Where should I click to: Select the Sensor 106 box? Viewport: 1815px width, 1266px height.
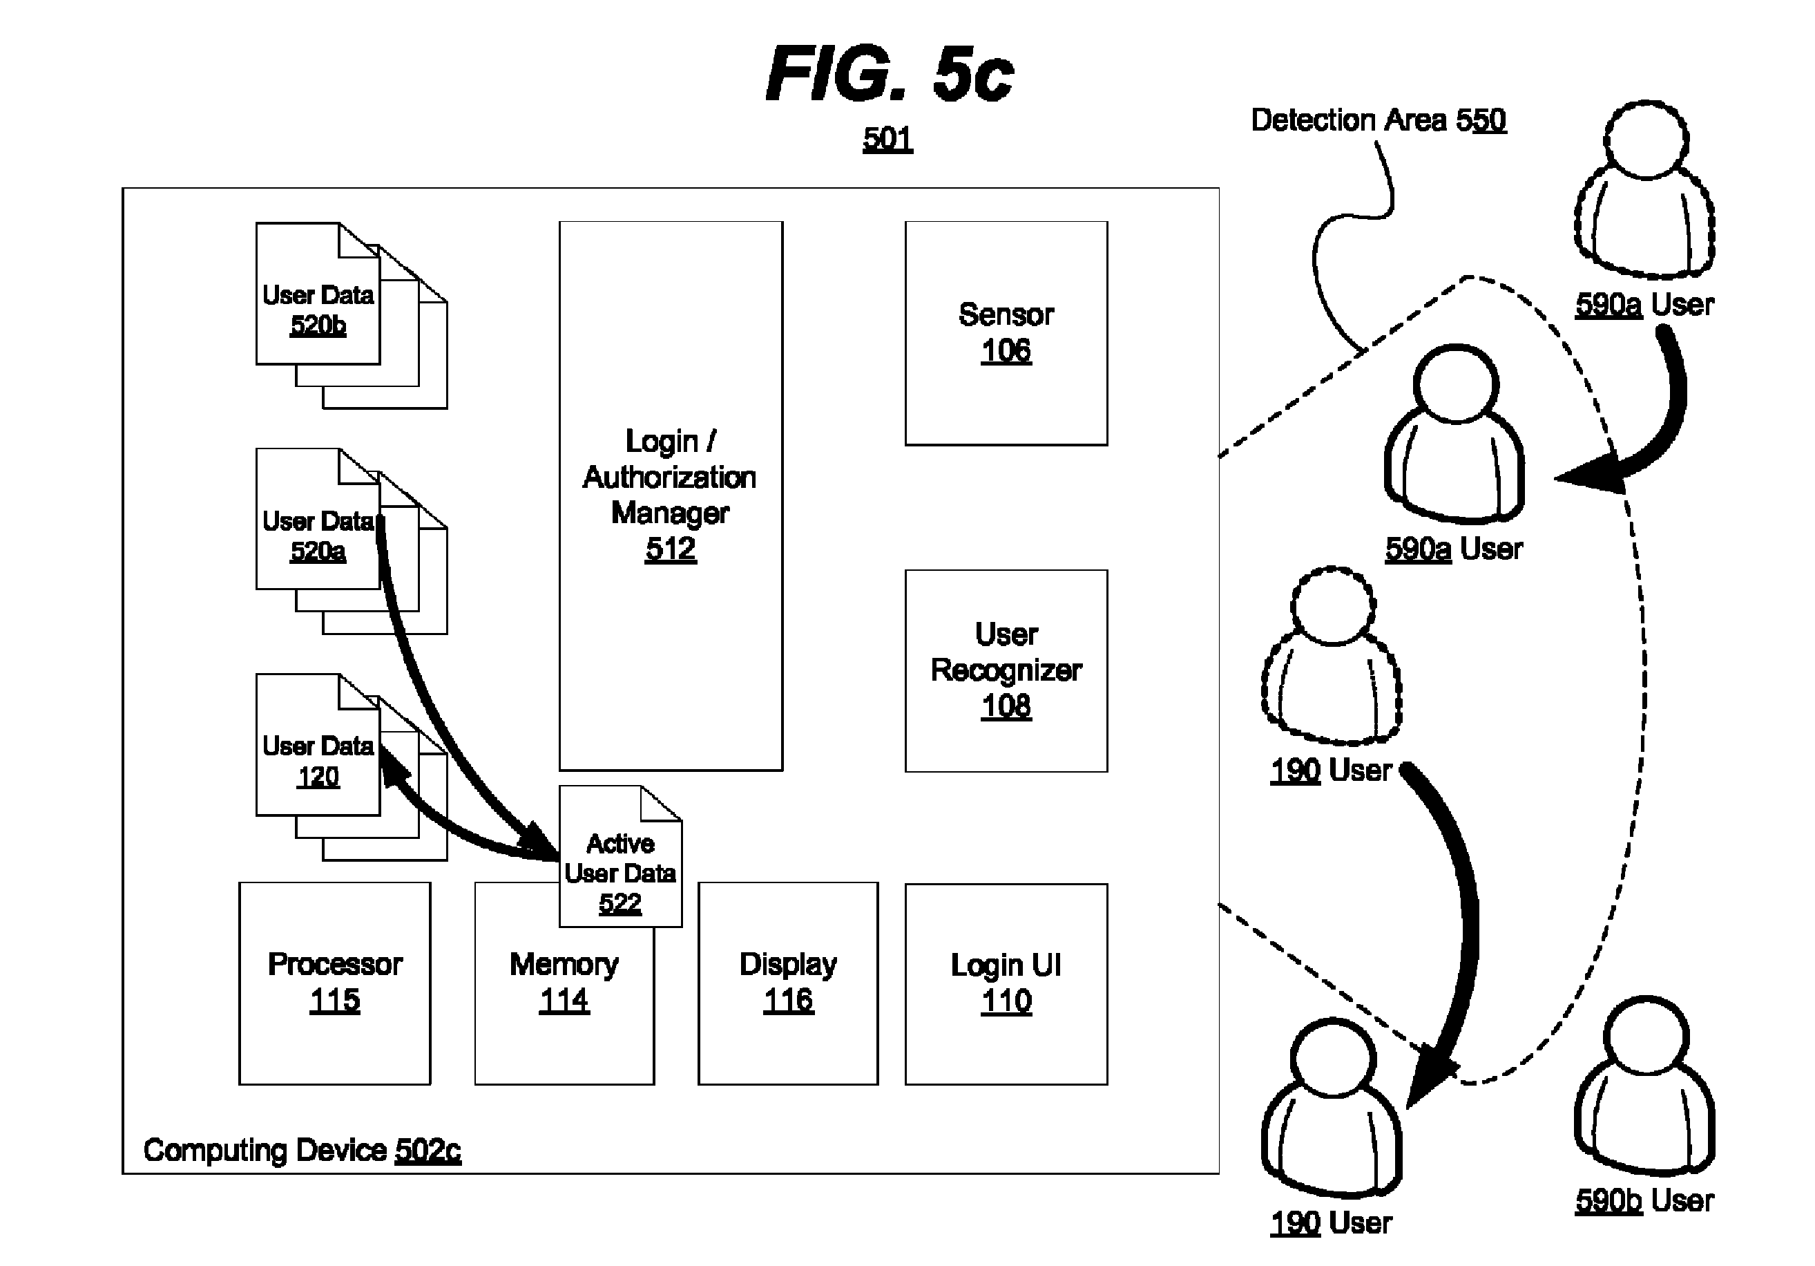tap(1006, 333)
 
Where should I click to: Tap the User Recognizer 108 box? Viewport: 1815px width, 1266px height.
tap(1006, 670)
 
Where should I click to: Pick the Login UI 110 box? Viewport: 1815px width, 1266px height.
tap(1006, 983)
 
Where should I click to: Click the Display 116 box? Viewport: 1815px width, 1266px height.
tap(787, 983)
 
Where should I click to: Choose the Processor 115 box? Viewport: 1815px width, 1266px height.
tap(334, 983)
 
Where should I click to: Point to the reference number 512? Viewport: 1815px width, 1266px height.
tap(671, 549)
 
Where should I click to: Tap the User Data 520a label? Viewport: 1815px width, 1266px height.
tap(318, 536)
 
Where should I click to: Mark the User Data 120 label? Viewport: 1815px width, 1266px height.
tap(318, 761)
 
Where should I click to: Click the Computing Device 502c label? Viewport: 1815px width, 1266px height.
tap(302, 1150)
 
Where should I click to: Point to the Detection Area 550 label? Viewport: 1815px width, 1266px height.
tap(1378, 120)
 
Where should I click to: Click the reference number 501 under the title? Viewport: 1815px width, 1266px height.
tap(887, 139)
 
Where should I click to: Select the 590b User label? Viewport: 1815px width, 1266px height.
tap(1644, 1200)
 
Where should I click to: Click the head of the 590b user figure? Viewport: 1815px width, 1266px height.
tap(1647, 1036)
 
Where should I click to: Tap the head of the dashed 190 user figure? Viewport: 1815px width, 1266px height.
tap(1333, 606)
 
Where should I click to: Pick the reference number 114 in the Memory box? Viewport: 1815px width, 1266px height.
tap(564, 1001)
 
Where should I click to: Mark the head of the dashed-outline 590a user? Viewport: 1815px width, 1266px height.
tap(1646, 141)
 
